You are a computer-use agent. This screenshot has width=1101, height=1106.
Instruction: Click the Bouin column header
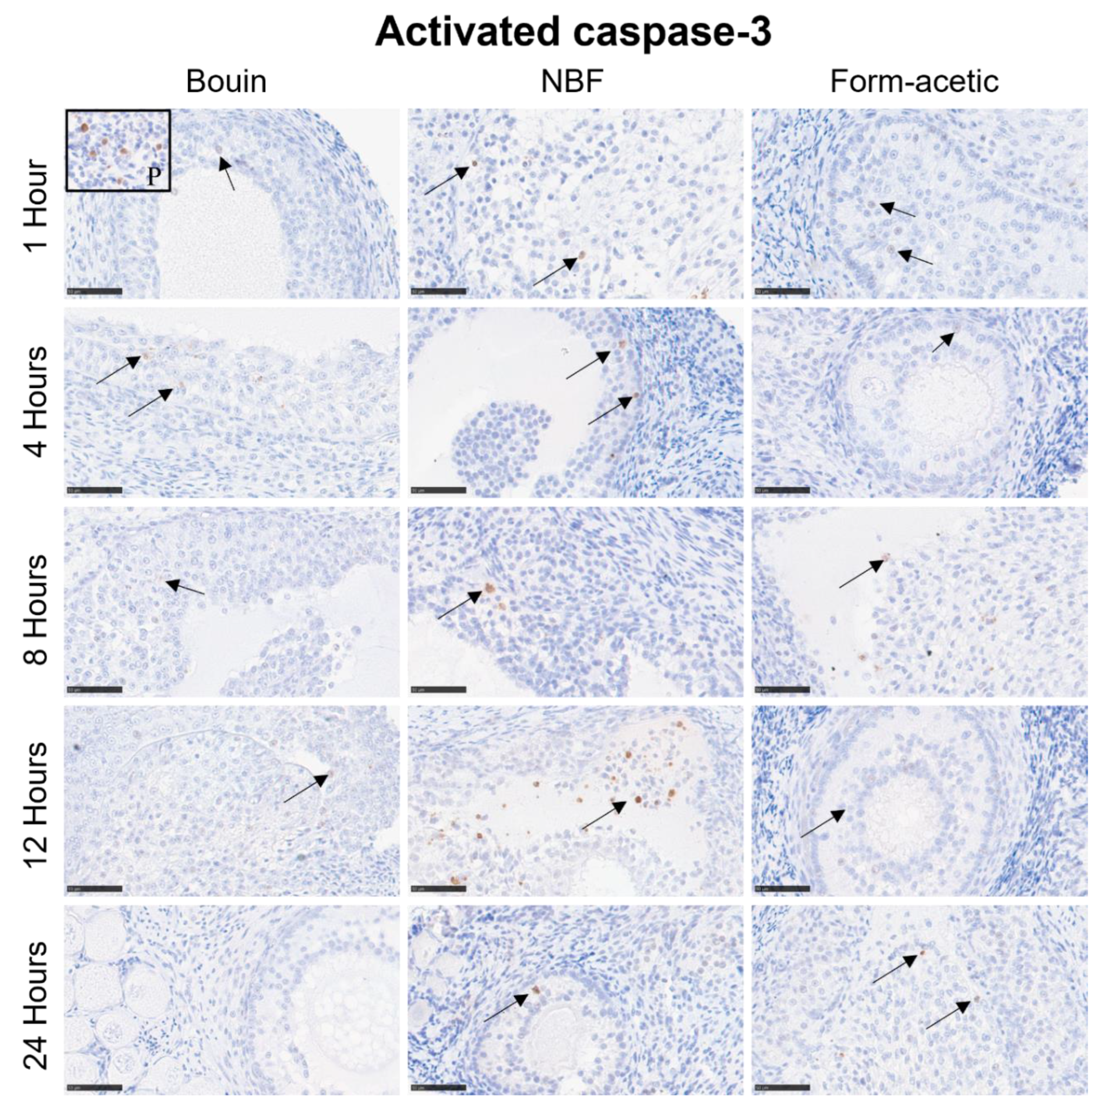click(x=226, y=82)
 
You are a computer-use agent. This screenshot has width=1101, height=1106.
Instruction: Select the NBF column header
click(x=572, y=82)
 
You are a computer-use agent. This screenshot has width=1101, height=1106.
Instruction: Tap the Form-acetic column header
click(x=914, y=82)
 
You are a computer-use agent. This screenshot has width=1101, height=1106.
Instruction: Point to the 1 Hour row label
click(x=35, y=204)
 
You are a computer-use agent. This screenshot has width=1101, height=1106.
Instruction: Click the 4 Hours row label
click(x=35, y=402)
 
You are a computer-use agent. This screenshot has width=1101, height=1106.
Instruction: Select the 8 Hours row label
click(x=35, y=602)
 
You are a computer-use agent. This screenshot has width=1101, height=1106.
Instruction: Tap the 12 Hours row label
click(x=35, y=800)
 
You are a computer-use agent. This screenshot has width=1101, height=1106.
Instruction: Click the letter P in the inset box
click(x=152, y=177)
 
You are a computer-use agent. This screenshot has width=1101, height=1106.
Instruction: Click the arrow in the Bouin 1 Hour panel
click(x=227, y=173)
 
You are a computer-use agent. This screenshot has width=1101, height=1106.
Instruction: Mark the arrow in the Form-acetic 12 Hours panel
click(x=822, y=824)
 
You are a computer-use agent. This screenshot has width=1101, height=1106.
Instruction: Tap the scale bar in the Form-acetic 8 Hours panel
click(x=782, y=690)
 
